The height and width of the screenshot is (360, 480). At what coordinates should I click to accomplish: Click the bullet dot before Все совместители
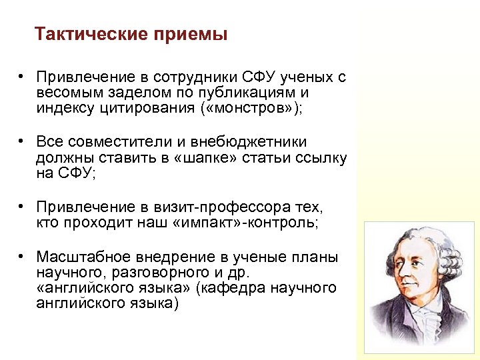pyautogui.click(x=22, y=142)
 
